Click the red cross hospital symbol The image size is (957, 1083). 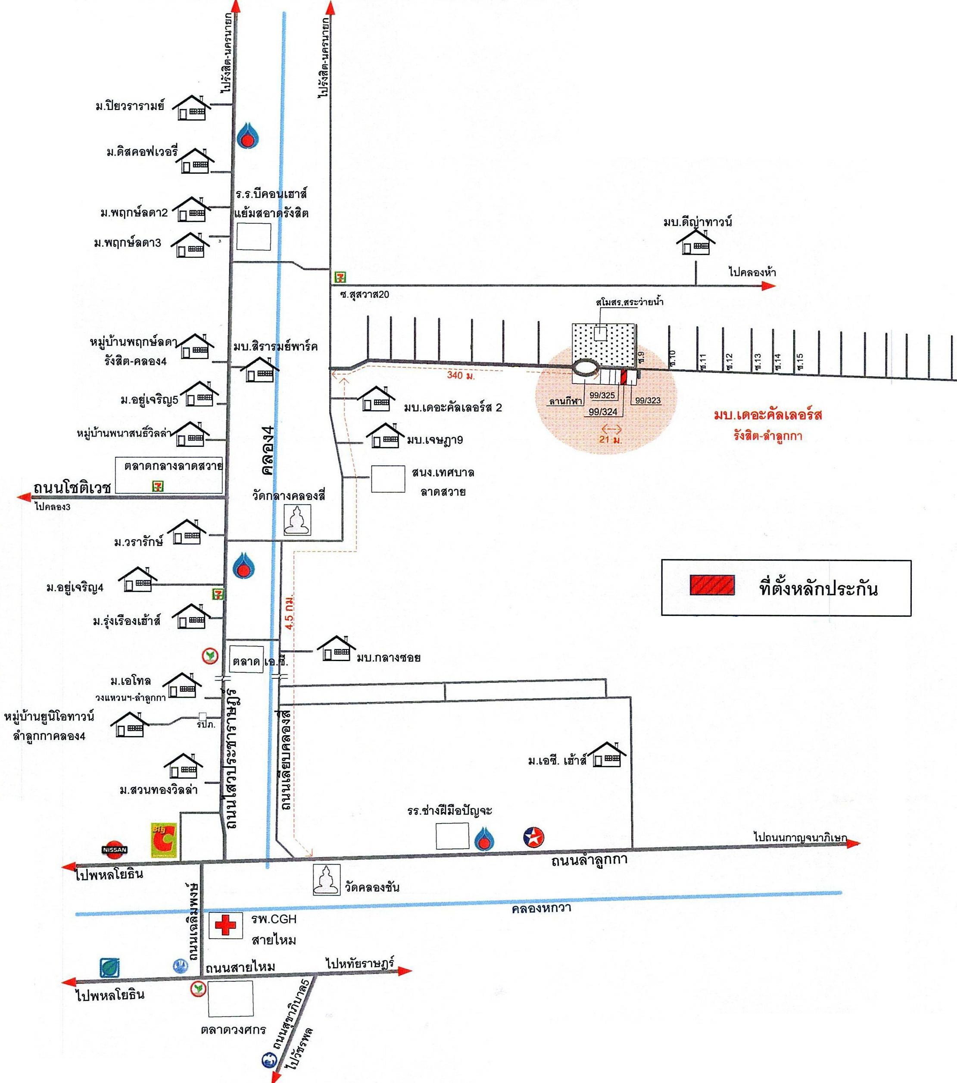(x=225, y=926)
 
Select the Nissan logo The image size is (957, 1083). (x=115, y=849)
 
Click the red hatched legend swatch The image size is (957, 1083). (x=712, y=586)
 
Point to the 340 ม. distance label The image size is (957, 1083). (x=461, y=375)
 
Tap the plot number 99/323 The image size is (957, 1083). (x=648, y=400)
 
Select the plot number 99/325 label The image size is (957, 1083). (x=602, y=395)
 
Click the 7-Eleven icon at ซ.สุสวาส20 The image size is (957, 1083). (x=340, y=277)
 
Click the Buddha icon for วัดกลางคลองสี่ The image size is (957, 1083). (x=297, y=520)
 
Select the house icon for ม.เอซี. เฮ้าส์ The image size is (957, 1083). (x=607, y=755)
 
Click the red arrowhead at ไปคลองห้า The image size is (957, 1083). (x=770, y=286)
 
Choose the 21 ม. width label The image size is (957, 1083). (x=611, y=439)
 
